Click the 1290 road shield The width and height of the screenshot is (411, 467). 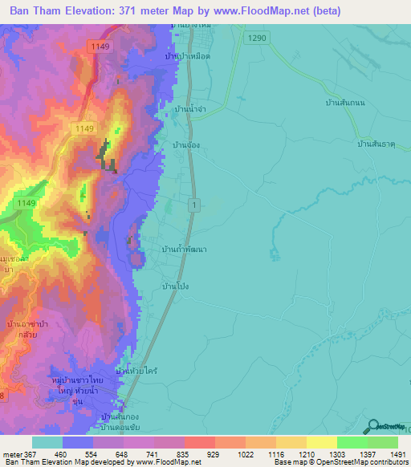[x=255, y=38]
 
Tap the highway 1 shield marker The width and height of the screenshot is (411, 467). [x=193, y=206]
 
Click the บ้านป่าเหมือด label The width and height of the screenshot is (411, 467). [x=186, y=57]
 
